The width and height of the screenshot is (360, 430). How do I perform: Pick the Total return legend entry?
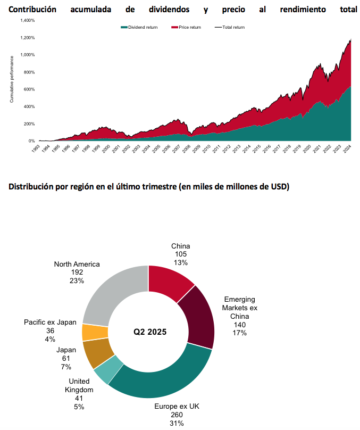point(232,27)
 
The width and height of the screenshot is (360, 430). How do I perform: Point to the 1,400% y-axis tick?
point(27,20)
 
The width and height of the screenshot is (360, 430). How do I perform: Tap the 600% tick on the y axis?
point(29,89)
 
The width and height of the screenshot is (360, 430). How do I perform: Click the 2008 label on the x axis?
point(185,149)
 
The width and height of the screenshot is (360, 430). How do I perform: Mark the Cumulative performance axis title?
point(11,80)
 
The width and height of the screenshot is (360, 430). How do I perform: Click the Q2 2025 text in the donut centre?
point(149,332)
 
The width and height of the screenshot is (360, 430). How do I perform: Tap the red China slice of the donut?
point(170,282)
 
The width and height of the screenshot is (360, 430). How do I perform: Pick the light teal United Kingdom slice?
point(109,372)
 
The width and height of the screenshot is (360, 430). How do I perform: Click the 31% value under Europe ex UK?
point(177,423)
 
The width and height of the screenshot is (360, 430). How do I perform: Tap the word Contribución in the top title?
point(34,9)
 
